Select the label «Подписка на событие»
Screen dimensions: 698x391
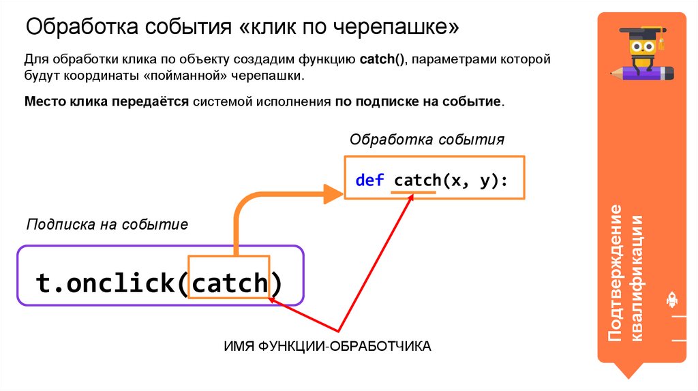(x=106, y=224)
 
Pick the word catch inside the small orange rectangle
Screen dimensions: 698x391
(x=229, y=282)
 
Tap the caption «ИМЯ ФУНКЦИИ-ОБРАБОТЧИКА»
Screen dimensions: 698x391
(x=328, y=346)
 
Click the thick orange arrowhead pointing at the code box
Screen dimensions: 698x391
(x=332, y=193)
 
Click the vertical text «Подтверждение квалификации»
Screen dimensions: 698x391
(x=626, y=272)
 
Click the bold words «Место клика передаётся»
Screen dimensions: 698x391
(x=106, y=102)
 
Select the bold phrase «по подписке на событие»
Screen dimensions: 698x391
(x=418, y=102)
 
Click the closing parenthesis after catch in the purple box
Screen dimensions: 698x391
(x=275, y=282)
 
